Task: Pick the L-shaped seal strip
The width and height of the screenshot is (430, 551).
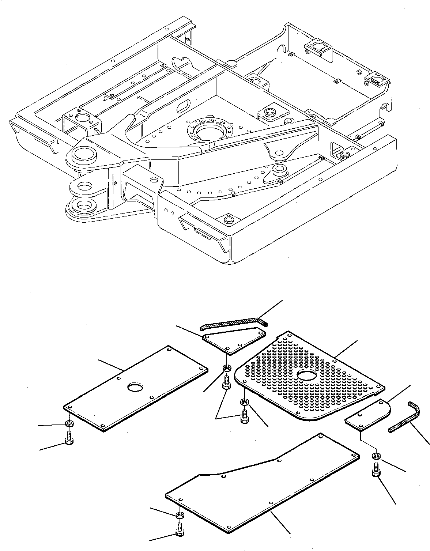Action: [406, 417]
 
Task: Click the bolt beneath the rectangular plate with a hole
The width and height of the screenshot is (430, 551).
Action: [68, 437]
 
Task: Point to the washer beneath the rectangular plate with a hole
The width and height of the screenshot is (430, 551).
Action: [68, 424]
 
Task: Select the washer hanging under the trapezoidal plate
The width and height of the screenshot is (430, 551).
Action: [226, 367]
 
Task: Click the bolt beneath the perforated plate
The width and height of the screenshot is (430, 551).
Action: [244, 417]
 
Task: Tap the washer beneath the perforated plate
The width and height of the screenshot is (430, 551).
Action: [244, 402]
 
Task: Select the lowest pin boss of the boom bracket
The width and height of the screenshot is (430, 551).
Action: [84, 206]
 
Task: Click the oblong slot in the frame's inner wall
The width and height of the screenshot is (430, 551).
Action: [183, 106]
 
